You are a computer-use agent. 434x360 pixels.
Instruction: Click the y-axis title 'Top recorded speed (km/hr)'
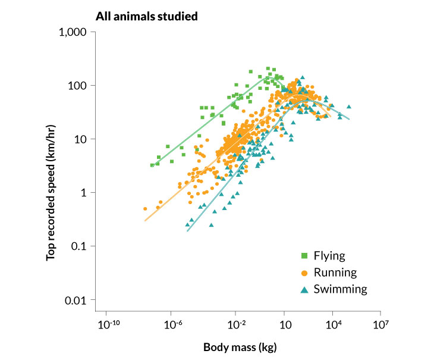52,173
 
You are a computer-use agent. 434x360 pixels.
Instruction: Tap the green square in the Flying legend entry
304,256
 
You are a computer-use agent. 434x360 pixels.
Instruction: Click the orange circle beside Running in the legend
304,273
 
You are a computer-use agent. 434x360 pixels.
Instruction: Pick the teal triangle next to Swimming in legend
304,289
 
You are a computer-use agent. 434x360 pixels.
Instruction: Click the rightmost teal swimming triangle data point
349,107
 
